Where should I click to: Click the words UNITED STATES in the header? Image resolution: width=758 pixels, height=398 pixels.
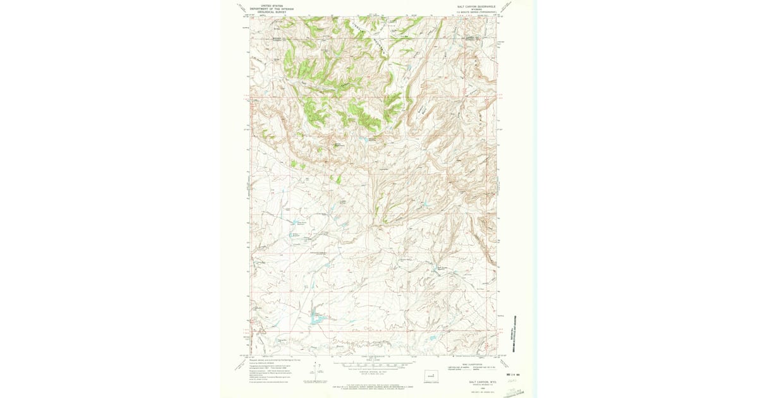click(x=267, y=5)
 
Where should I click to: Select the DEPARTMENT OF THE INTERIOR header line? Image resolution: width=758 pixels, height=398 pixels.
click(x=267, y=8)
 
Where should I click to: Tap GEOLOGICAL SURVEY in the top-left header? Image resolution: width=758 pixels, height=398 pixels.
click(x=267, y=11)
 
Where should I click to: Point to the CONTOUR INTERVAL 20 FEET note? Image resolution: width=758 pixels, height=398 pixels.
click(x=371, y=371)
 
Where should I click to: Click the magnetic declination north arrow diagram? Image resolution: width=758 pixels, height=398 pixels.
click(x=314, y=373)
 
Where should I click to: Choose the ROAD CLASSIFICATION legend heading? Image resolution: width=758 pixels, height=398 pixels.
click(x=471, y=362)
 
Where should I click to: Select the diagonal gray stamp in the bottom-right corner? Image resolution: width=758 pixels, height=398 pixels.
click(x=513, y=392)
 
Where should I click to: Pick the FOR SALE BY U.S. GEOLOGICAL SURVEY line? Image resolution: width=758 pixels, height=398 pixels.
click(x=371, y=383)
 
